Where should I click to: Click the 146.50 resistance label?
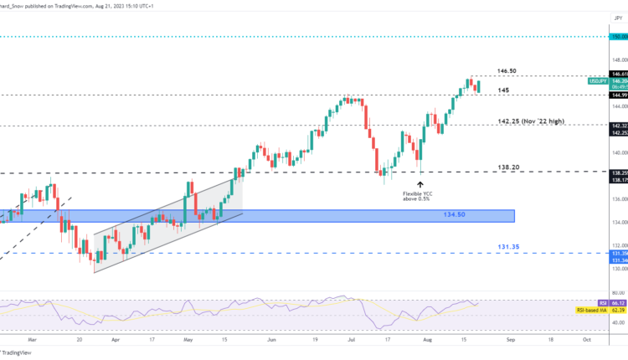click(x=507, y=72)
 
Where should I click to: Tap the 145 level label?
click(x=502, y=90)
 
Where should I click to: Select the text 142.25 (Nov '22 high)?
click(x=529, y=121)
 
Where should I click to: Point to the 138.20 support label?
click(x=507, y=167)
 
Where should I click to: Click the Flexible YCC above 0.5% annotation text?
click(x=420, y=198)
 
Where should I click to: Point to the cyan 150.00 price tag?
click(x=617, y=37)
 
